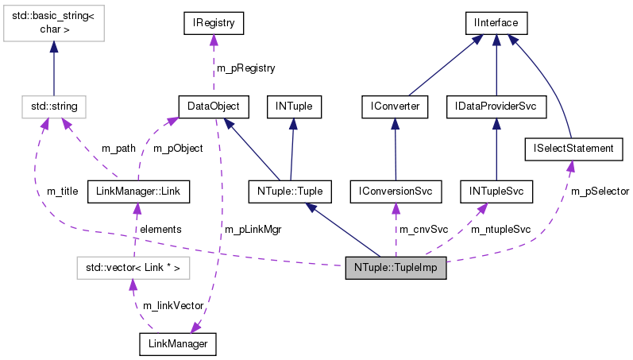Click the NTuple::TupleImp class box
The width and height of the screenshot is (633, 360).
coord(396,269)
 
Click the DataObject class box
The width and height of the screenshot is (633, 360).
coord(214,106)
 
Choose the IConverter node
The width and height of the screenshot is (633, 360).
coord(395,106)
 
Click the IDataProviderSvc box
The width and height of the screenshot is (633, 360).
coord(496,106)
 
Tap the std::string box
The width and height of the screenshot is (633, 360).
coord(54,106)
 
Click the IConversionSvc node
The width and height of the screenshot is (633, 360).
coord(395,191)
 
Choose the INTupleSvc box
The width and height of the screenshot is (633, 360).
coord(496,191)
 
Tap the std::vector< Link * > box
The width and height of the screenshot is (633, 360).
coord(133,269)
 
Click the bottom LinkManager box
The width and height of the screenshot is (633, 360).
coord(177,343)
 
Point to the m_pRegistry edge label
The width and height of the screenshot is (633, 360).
coord(247,68)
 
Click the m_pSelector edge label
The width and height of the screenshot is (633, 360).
coord(600,192)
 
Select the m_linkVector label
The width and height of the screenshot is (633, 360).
coord(174,306)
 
